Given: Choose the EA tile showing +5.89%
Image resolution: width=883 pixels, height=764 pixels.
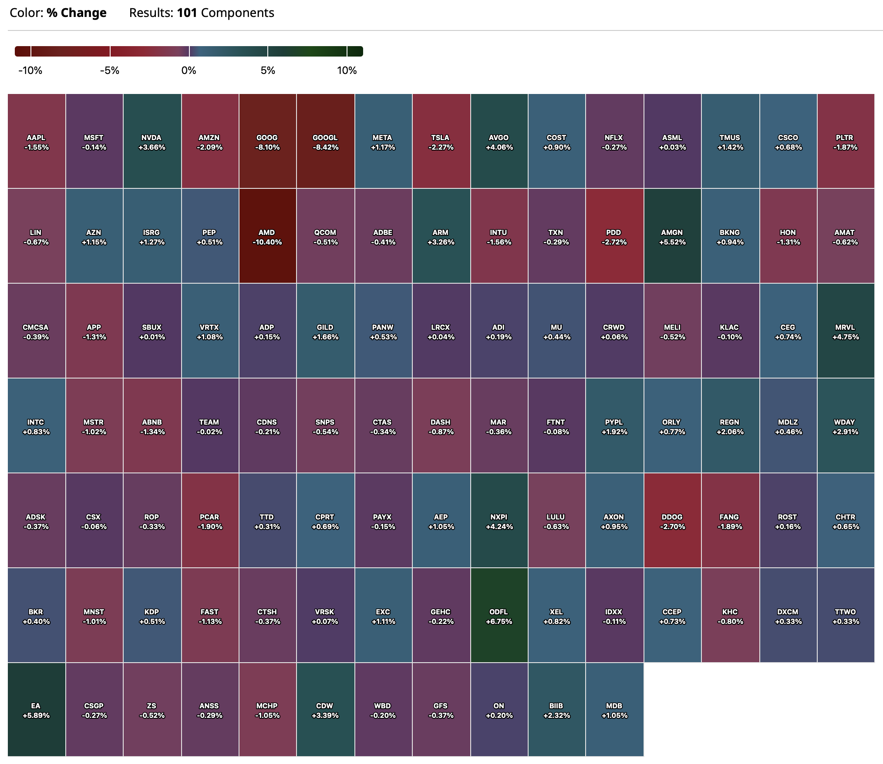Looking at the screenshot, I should (36, 710).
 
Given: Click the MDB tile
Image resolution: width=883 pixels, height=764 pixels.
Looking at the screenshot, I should (614, 710).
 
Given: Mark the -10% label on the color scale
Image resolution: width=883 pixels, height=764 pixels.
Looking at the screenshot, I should (30, 70).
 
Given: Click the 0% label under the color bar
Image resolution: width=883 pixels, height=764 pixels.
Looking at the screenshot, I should (189, 70).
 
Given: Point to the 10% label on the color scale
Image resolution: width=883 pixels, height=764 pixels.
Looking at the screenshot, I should (347, 70).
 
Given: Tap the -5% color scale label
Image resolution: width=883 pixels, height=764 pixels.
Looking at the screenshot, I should (110, 70).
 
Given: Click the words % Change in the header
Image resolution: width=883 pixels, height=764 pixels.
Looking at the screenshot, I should (77, 13).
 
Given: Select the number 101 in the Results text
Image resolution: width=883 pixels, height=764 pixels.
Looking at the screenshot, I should (187, 13).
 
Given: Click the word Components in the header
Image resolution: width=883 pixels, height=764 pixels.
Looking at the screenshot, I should (238, 13).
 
